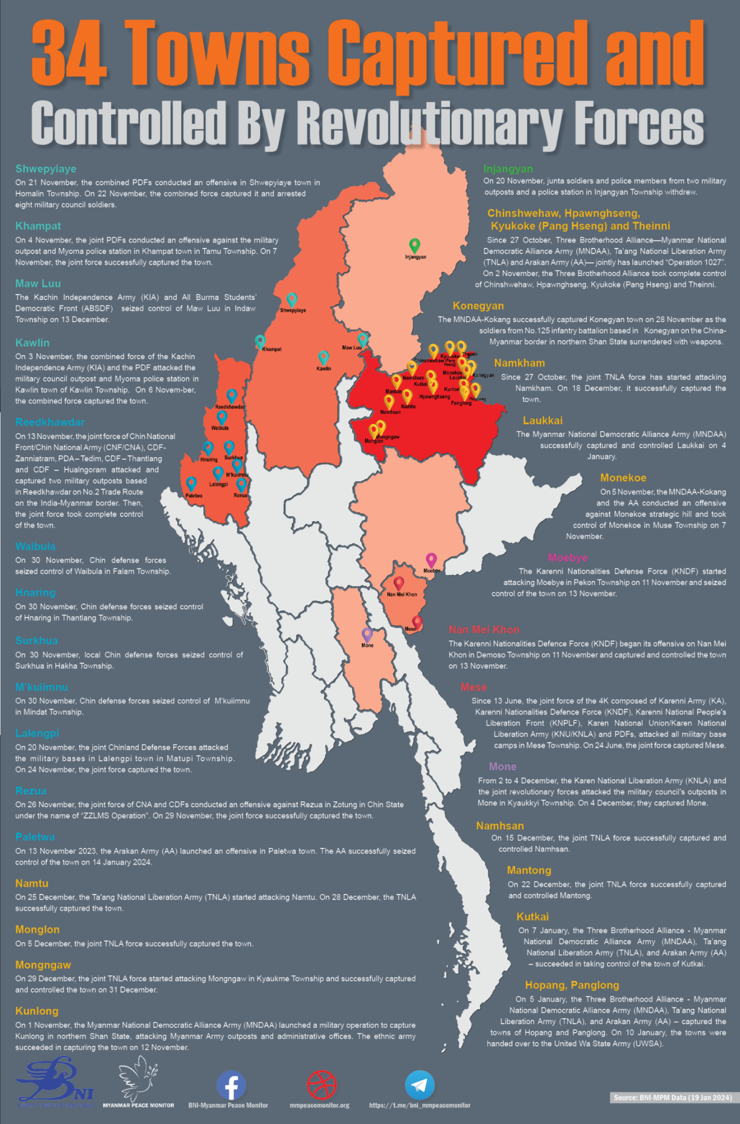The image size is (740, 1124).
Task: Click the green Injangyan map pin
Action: pos(415,245)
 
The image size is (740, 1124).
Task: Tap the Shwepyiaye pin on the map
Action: pos(292,299)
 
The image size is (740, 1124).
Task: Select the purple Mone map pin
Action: pos(367,634)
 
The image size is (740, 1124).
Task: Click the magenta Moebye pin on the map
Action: pos(431,560)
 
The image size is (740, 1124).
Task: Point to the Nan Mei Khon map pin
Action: pos(399,583)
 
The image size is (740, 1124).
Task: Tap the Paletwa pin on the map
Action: pos(191,484)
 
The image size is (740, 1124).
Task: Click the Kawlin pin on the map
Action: pos(323,357)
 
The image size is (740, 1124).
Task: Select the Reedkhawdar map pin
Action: pos(232,396)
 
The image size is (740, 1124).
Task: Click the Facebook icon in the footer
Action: pos(231,1084)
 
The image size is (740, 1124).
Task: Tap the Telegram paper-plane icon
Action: pos(420,1084)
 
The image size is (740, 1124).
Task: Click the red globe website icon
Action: pos(322,1084)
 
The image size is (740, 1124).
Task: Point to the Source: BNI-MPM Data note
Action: pos(672,1098)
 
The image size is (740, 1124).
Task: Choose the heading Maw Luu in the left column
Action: pos(38,284)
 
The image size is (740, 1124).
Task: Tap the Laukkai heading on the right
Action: pos(542,420)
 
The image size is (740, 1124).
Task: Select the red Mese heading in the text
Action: pos(473,687)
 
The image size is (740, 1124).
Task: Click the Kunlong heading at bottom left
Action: pos(37,1011)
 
